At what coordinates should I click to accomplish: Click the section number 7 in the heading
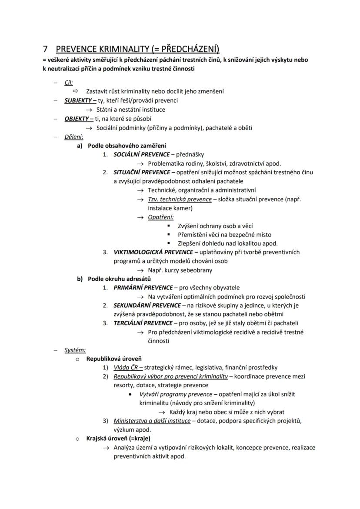click(45, 49)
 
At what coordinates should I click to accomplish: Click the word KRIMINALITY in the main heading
click(114, 49)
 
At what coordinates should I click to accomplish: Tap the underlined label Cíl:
click(69, 83)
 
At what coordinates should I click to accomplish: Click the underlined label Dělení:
click(74, 136)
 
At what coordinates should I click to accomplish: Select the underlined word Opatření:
click(160, 217)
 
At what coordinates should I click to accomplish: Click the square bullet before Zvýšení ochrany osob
click(169, 226)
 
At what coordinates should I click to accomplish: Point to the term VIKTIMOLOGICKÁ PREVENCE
click(153, 252)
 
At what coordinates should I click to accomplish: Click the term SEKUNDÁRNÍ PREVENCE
click(147, 306)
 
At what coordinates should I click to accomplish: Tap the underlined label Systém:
click(75, 350)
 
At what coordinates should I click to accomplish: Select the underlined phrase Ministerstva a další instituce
click(152, 421)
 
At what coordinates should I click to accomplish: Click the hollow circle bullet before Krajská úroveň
click(77, 439)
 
